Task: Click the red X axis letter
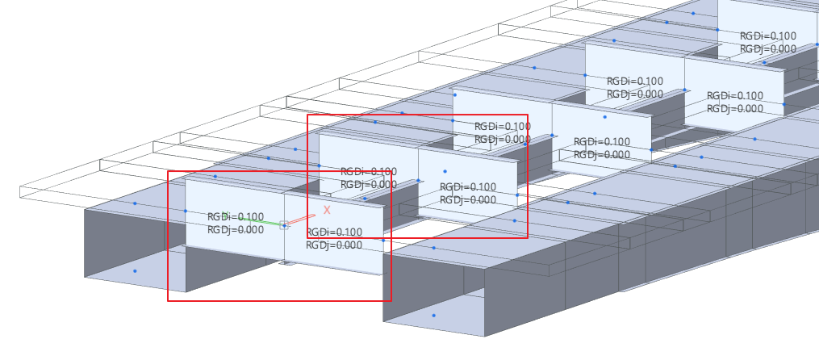(327, 210)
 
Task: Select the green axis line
(253, 220)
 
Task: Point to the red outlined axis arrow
(301, 220)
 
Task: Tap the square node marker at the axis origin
(284, 226)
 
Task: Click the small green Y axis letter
(225, 214)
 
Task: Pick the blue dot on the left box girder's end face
(135, 271)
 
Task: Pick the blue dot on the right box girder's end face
(433, 316)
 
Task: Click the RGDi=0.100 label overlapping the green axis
(236, 217)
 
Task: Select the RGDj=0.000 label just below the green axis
(236, 229)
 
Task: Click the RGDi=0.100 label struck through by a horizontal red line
(369, 171)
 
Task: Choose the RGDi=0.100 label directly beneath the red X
(334, 232)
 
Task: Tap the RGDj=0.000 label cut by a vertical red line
(503, 140)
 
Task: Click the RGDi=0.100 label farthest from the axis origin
(768, 36)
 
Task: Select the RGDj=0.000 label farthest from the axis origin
(768, 49)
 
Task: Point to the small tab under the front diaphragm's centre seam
(286, 263)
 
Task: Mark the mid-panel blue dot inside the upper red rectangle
(445, 171)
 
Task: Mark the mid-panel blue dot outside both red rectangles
(605, 117)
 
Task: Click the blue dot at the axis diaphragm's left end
(186, 211)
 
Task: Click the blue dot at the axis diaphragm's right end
(383, 241)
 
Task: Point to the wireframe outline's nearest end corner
(20, 198)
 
